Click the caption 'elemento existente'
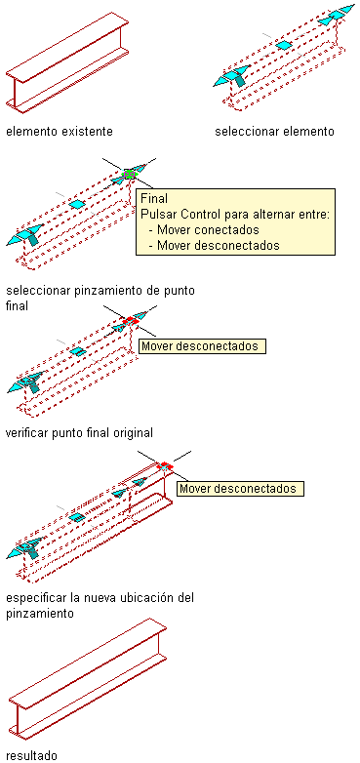click(x=60, y=132)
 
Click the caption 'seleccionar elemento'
click(x=274, y=132)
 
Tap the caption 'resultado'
click(x=31, y=755)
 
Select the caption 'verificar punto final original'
click(x=79, y=432)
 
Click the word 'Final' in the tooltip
click(x=154, y=198)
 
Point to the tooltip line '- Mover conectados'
click(x=203, y=229)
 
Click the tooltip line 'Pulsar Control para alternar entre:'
click(x=235, y=214)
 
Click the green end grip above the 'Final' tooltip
click(x=129, y=174)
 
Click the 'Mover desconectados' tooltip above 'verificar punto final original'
click(x=203, y=346)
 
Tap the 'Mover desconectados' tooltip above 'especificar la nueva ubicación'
click(x=240, y=489)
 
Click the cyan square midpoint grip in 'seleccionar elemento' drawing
click(x=283, y=45)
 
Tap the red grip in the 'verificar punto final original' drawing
click(x=131, y=321)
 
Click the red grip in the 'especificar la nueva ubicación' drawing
click(x=165, y=465)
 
